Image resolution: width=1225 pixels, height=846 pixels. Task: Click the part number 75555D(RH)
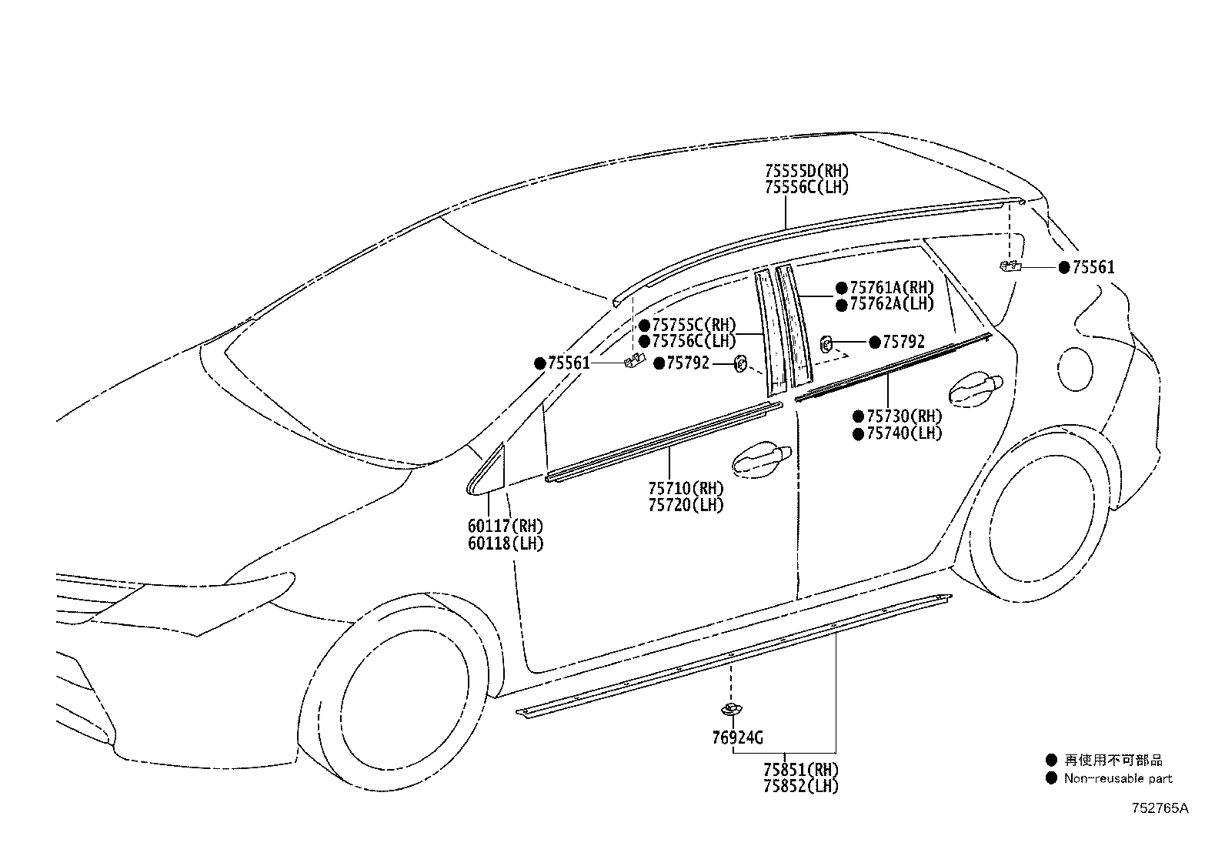[806, 171]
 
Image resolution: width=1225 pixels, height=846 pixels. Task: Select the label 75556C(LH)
[806, 188]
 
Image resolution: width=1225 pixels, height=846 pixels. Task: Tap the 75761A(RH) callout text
[892, 288]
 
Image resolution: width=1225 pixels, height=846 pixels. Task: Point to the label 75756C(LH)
[694, 342]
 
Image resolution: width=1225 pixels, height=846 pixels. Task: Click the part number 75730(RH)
[905, 416]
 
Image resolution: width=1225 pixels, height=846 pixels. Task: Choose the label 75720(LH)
[686, 505]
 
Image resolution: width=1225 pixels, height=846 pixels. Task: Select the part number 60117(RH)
[506, 527]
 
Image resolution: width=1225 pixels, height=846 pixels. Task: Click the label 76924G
[737, 738]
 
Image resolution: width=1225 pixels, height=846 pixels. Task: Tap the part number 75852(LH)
[801, 787]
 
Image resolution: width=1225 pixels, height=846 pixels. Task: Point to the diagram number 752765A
[1160, 808]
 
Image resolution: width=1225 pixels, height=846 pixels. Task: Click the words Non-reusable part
[1118, 778]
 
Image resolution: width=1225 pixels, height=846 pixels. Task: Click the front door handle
[762, 460]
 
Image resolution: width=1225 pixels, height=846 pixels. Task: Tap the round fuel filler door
[1075, 369]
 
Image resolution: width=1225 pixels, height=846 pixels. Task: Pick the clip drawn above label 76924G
[731, 709]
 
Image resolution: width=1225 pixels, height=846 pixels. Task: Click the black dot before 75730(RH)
[859, 417]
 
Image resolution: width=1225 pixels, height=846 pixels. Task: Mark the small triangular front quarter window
[486, 470]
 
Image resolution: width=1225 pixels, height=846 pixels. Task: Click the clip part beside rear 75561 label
[1010, 266]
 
